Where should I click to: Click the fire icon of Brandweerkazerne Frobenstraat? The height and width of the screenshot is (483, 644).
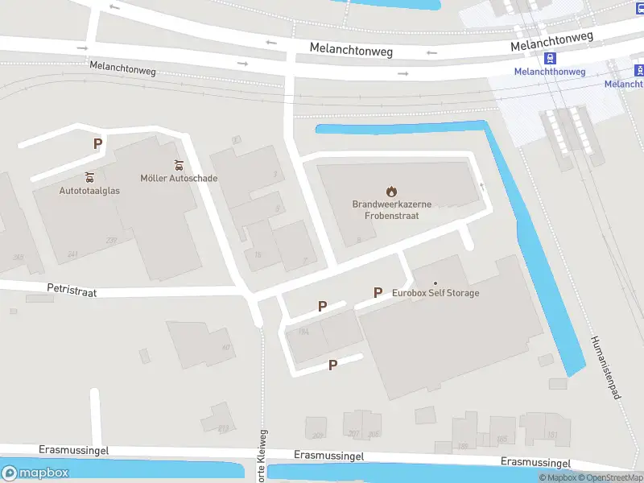click(x=391, y=192)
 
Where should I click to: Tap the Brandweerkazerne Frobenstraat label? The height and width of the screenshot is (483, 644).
click(x=391, y=210)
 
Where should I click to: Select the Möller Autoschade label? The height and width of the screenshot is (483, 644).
click(x=179, y=178)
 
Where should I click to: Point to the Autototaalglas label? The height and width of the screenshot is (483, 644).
click(x=89, y=191)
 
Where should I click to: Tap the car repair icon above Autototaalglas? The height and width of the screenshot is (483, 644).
click(x=89, y=177)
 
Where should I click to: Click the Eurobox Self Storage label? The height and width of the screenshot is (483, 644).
click(x=436, y=293)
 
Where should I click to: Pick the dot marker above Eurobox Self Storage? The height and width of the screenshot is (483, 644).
click(x=436, y=283)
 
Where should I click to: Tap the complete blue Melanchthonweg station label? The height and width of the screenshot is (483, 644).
click(x=550, y=72)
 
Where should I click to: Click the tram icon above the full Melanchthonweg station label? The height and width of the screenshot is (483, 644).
click(x=551, y=58)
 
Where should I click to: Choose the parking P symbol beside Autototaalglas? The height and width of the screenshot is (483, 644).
click(x=97, y=144)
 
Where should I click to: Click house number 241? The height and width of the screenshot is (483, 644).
click(x=73, y=254)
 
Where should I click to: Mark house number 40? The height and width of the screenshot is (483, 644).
click(x=226, y=348)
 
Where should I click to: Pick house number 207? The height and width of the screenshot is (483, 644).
click(x=354, y=434)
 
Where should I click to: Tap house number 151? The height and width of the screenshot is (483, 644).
click(x=552, y=436)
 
